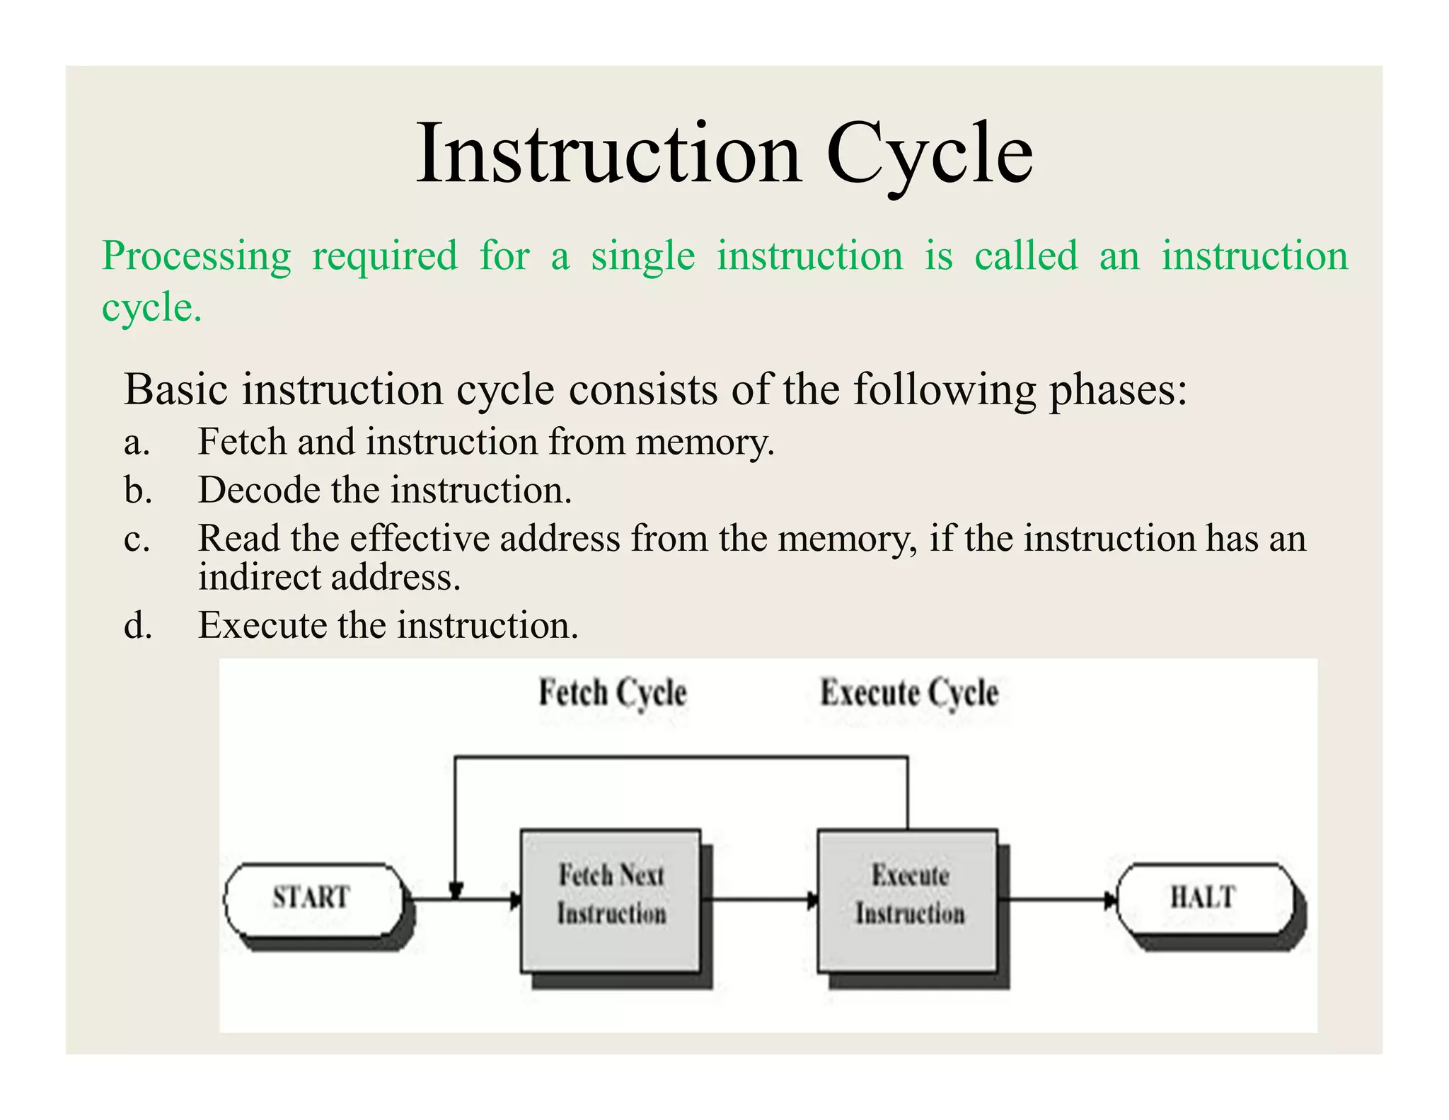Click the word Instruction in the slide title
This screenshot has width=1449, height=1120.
pyautogui.click(x=608, y=154)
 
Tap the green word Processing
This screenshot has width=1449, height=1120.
pyautogui.click(x=196, y=256)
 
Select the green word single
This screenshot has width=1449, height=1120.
pyautogui.click(x=642, y=256)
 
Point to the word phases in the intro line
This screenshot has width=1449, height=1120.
pyautogui.click(x=1117, y=390)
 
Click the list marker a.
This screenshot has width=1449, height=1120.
pyautogui.click(x=136, y=442)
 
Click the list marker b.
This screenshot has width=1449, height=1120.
pyautogui.click(x=137, y=490)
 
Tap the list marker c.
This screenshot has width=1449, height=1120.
pyautogui.click(x=136, y=539)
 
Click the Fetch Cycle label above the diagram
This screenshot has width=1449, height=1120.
pyautogui.click(x=613, y=692)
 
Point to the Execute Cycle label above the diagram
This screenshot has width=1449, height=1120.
pyautogui.click(x=909, y=692)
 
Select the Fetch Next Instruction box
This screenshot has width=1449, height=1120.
pyautogui.click(x=611, y=899)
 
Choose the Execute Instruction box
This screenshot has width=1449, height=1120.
pyautogui.click(x=908, y=899)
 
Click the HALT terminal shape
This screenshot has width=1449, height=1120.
pyautogui.click(x=1205, y=898)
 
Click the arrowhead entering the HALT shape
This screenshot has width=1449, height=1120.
pyautogui.click(x=1111, y=900)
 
